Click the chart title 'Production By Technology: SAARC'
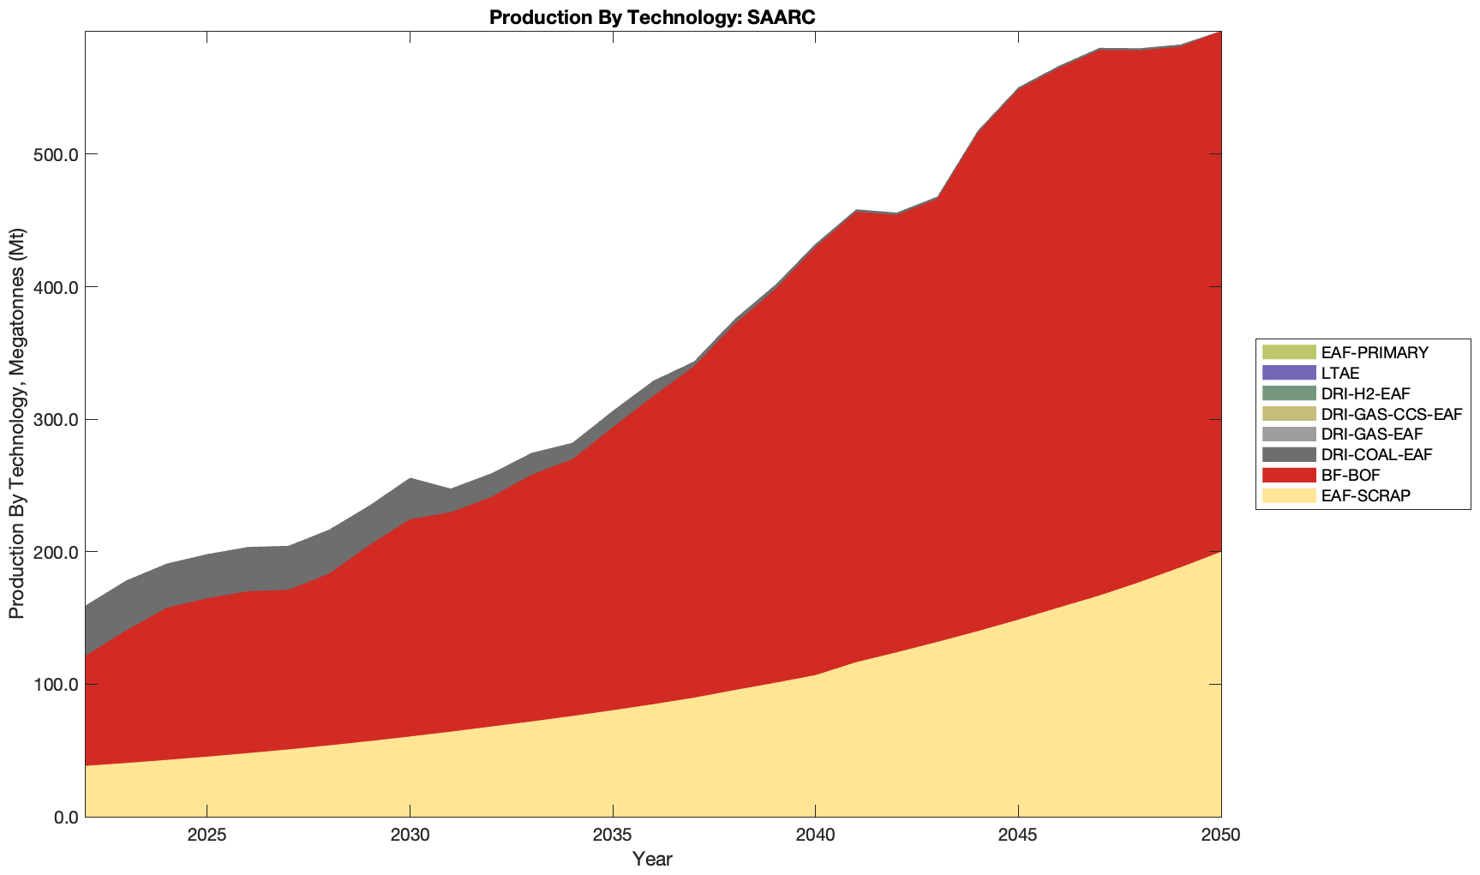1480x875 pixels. click(x=652, y=16)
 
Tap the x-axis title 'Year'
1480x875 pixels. click(x=652, y=859)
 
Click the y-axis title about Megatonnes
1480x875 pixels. click(x=16, y=423)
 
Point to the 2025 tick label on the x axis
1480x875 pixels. click(x=207, y=836)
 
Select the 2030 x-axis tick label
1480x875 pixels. click(x=410, y=836)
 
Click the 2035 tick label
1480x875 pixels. click(x=613, y=836)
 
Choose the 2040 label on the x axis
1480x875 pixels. click(x=815, y=836)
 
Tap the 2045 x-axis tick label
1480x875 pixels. click(x=1018, y=836)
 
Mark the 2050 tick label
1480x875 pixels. click(x=1221, y=836)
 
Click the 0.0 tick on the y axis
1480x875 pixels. click(x=59, y=817)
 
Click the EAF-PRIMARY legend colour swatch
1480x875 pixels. click(x=1288, y=352)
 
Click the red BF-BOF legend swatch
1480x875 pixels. click(x=1288, y=475)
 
